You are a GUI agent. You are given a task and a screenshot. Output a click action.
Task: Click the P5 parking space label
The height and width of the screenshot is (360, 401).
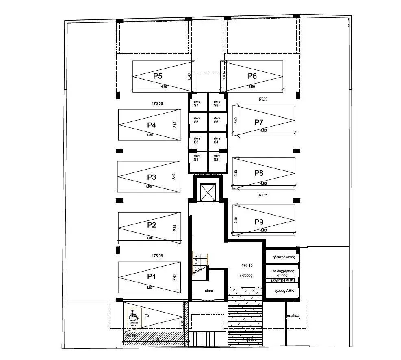158,76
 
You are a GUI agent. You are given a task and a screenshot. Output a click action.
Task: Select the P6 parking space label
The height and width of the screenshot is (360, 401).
252,76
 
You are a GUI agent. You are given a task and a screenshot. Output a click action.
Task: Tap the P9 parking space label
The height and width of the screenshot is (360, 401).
259,222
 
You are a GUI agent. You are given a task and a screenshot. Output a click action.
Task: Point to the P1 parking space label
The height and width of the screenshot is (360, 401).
152,276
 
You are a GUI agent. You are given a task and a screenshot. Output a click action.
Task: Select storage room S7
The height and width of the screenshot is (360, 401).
197,103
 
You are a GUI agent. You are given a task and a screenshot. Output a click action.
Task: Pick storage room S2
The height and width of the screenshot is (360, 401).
217,157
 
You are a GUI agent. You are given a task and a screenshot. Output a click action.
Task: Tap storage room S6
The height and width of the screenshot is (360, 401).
217,120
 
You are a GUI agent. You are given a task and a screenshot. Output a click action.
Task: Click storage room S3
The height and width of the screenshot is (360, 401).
197,140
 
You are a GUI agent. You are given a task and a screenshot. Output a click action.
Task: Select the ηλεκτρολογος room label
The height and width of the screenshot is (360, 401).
283,257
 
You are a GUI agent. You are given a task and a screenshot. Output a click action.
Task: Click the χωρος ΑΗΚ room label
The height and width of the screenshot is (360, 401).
284,291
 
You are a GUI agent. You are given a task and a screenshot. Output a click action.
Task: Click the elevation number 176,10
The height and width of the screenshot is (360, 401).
247,265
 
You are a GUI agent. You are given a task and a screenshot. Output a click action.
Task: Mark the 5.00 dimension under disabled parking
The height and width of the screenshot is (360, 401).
155,339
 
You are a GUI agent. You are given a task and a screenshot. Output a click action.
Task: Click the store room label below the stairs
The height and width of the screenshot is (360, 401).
209,291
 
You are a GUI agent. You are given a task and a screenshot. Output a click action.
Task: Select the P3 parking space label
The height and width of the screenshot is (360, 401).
152,177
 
